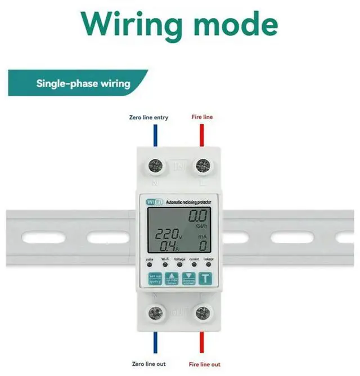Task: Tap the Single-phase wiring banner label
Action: coord(83,84)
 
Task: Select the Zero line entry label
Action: coord(148,118)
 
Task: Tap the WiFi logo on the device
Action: coord(155,202)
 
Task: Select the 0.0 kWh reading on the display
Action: coord(198,216)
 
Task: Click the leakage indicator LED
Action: coord(208,265)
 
